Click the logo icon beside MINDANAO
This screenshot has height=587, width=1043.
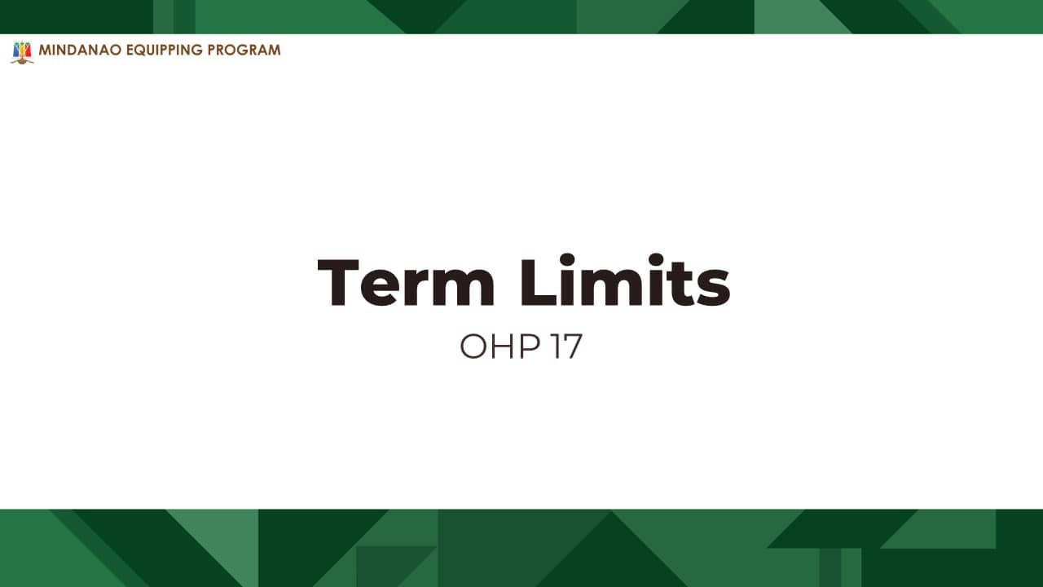pos(22,52)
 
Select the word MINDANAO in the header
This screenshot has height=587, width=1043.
pos(80,50)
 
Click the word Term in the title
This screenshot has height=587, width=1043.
pos(406,282)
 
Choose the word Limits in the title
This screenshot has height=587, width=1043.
pos(625,280)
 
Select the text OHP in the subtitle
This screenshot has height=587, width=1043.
pos(500,346)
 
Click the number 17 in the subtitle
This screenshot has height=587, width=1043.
pos(566,346)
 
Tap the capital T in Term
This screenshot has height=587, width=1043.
pos(338,282)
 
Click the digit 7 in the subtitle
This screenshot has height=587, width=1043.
pos(572,346)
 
